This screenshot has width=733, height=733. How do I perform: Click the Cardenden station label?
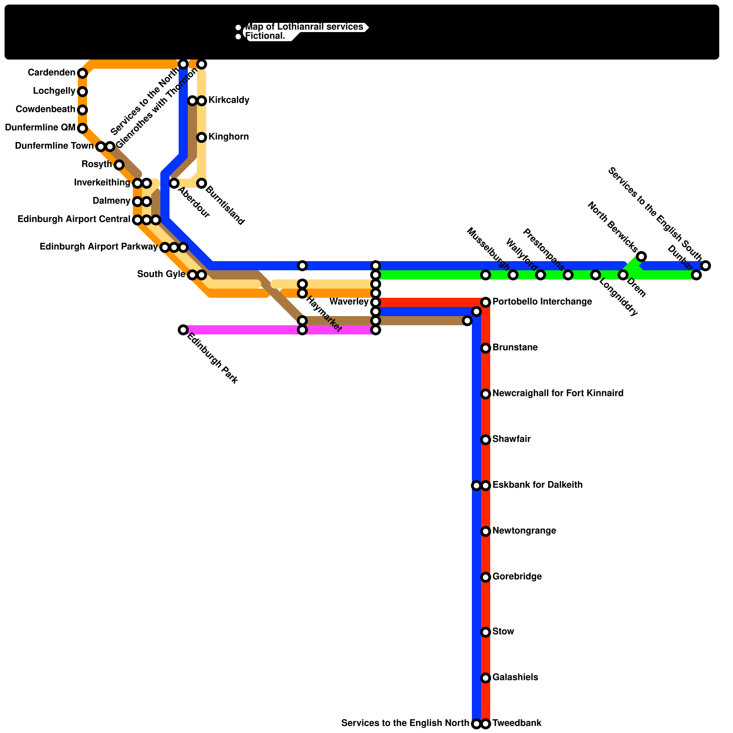point(51,73)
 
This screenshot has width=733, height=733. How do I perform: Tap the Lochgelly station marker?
point(82,92)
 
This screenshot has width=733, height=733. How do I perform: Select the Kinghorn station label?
point(229,137)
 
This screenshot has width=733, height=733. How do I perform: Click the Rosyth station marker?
point(119,165)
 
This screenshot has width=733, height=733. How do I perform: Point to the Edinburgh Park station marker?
point(183,330)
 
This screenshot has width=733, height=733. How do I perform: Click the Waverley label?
point(349,302)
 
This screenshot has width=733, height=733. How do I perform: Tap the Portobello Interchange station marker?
point(486,302)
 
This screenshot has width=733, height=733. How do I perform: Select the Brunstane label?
point(515,348)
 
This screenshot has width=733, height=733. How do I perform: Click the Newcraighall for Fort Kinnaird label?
point(558,394)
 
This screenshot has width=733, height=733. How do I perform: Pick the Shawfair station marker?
point(486,440)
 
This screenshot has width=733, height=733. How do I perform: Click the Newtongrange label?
point(524,531)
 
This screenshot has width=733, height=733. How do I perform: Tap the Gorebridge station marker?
point(486,577)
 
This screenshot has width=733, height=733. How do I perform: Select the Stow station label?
point(503,632)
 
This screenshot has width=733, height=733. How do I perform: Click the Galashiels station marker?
point(486,678)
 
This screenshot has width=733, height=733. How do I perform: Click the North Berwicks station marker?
point(641,257)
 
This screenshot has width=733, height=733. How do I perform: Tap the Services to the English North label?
point(405,723)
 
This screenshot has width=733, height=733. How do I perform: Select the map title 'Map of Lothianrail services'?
point(305,27)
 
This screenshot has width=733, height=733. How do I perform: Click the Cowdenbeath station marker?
point(82,110)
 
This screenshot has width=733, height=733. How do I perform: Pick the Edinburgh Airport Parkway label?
point(98,247)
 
